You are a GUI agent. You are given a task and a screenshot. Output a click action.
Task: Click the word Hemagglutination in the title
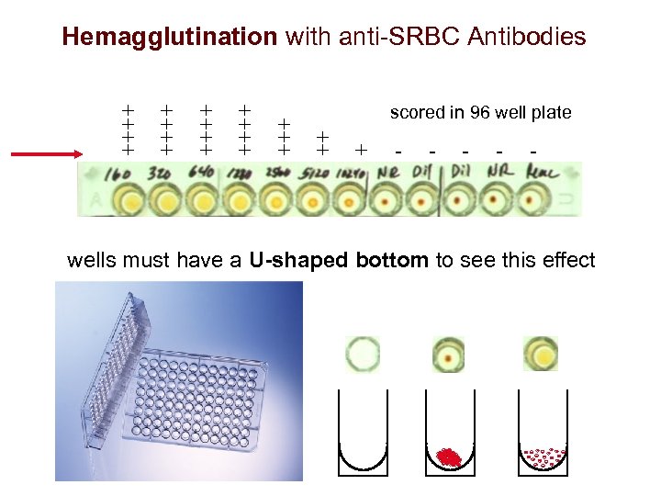click(169, 37)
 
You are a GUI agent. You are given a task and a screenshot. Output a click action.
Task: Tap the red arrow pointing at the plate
click(46, 154)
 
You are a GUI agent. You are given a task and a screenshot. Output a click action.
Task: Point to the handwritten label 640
click(201, 174)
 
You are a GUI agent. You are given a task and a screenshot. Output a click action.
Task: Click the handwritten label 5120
click(313, 174)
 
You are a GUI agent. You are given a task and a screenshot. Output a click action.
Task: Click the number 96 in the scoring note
click(480, 113)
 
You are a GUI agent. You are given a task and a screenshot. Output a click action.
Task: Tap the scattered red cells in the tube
click(543, 457)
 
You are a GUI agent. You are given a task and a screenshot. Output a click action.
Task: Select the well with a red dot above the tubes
click(449, 355)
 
